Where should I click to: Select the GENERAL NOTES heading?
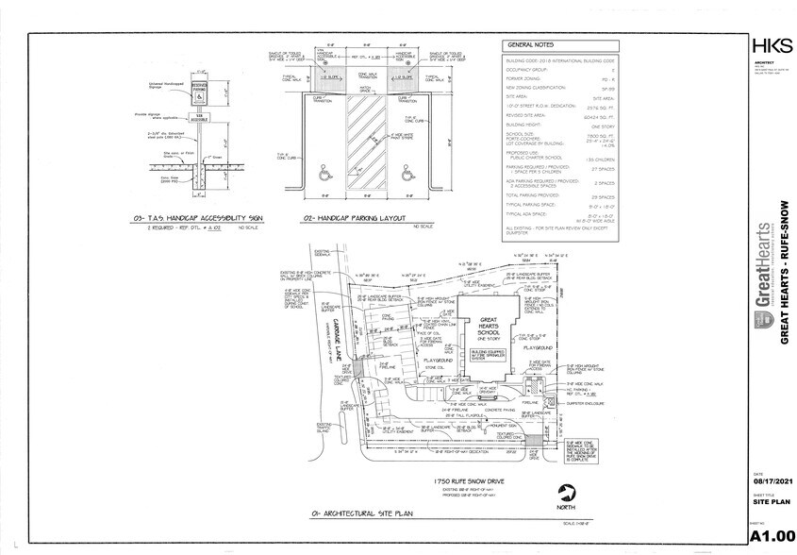[530, 44]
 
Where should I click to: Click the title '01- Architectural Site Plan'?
[336, 514]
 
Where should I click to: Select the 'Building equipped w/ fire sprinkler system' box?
[489, 355]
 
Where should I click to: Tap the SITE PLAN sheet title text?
[766, 501]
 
